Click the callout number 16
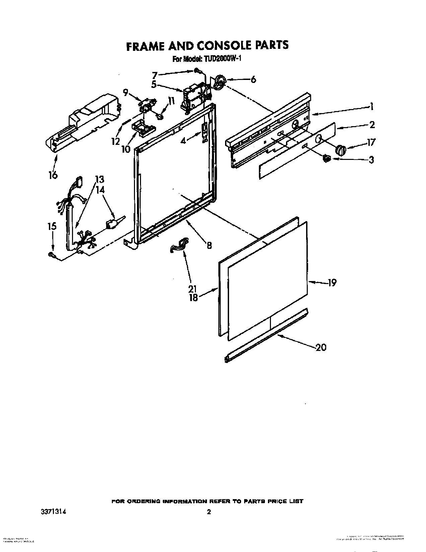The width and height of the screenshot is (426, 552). (53, 175)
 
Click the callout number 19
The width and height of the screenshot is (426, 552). (331, 283)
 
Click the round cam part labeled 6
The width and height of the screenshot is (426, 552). (219, 82)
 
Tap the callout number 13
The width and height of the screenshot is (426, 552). (99, 179)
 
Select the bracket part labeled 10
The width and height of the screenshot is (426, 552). (144, 128)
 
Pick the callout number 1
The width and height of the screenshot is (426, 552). (371, 107)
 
